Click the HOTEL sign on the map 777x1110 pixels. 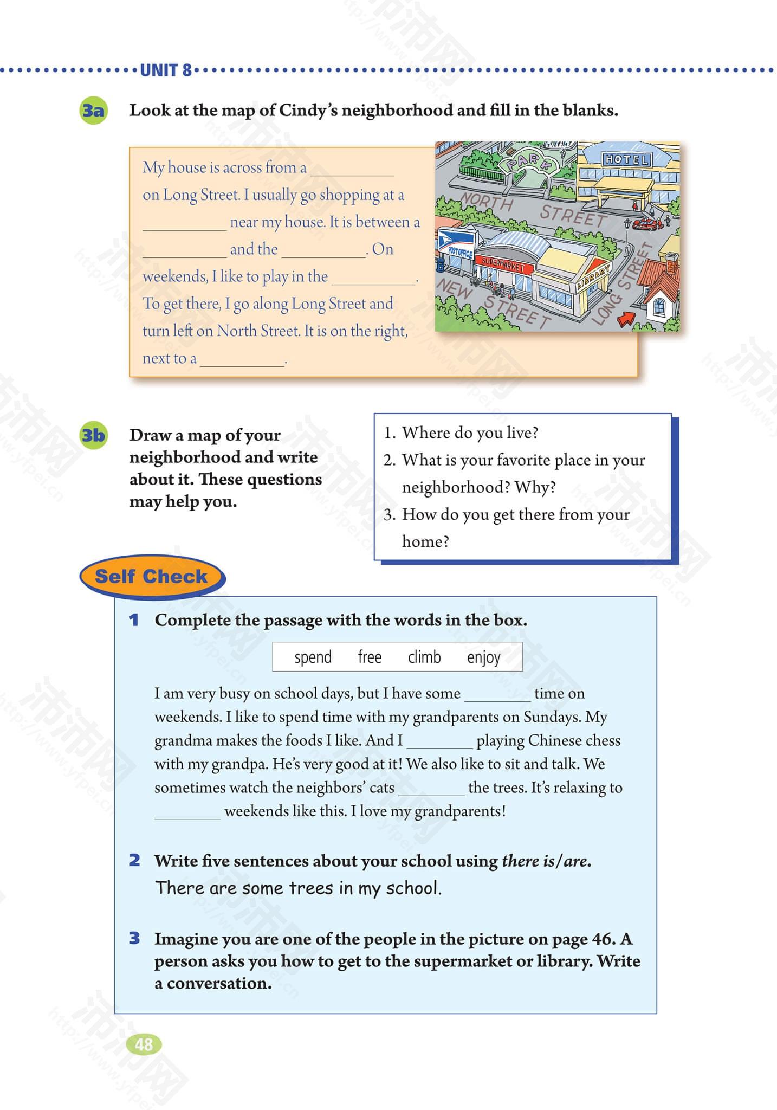[x=626, y=159]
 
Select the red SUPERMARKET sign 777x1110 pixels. [x=500, y=264]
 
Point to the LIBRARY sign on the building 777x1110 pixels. [x=594, y=276]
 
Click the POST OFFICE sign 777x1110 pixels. [x=461, y=253]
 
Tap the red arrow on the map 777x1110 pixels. [x=626, y=319]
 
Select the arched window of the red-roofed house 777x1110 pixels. [x=659, y=307]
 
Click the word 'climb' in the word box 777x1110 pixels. [x=424, y=657]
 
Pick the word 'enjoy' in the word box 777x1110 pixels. [x=483, y=657]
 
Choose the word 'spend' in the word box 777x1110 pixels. [x=313, y=657]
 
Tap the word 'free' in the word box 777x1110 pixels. [x=370, y=657]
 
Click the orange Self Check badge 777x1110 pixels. [x=151, y=577]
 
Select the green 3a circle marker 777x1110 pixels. [x=93, y=111]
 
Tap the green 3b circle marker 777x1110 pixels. [x=93, y=435]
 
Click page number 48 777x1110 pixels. [x=144, y=1044]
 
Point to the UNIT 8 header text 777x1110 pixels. [x=166, y=70]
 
